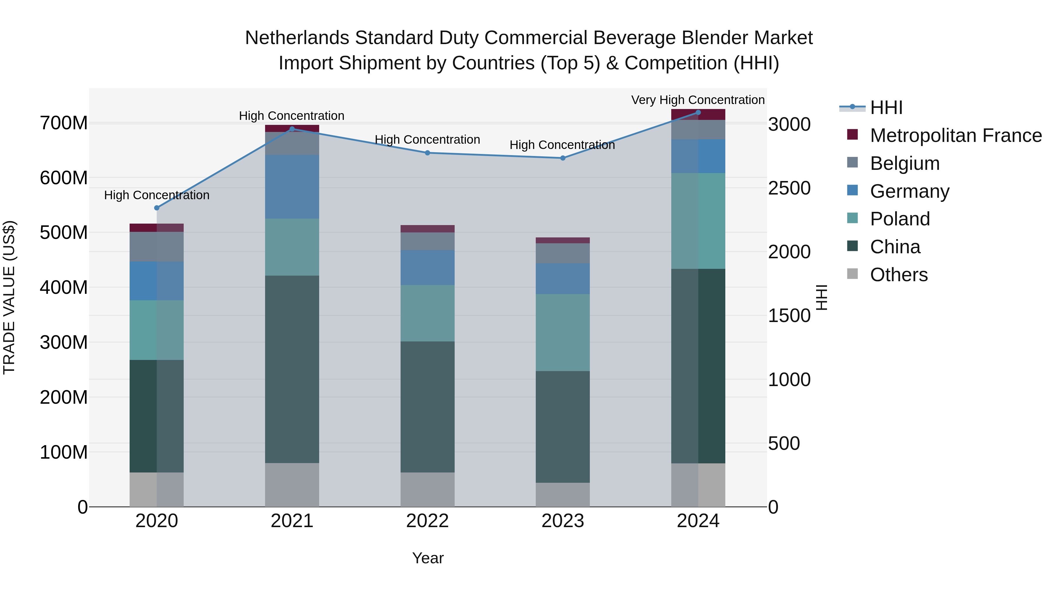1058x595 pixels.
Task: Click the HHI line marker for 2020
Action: pyautogui.click(x=156, y=208)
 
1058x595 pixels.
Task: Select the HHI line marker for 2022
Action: pyautogui.click(x=427, y=153)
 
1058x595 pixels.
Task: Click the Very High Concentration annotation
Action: pyautogui.click(x=697, y=100)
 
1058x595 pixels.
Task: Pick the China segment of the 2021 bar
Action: pyautogui.click(x=292, y=369)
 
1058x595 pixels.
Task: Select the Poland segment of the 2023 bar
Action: pyautogui.click(x=563, y=332)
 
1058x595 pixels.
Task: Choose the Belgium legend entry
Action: pyautogui.click(x=904, y=163)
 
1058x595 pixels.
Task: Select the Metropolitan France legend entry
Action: pyautogui.click(x=955, y=135)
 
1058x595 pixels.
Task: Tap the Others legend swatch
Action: pyautogui.click(x=852, y=274)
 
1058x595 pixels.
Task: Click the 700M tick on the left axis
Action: pyautogui.click(x=64, y=123)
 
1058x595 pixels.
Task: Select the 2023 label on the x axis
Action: pyautogui.click(x=563, y=521)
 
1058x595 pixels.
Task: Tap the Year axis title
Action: pyautogui.click(x=428, y=558)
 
